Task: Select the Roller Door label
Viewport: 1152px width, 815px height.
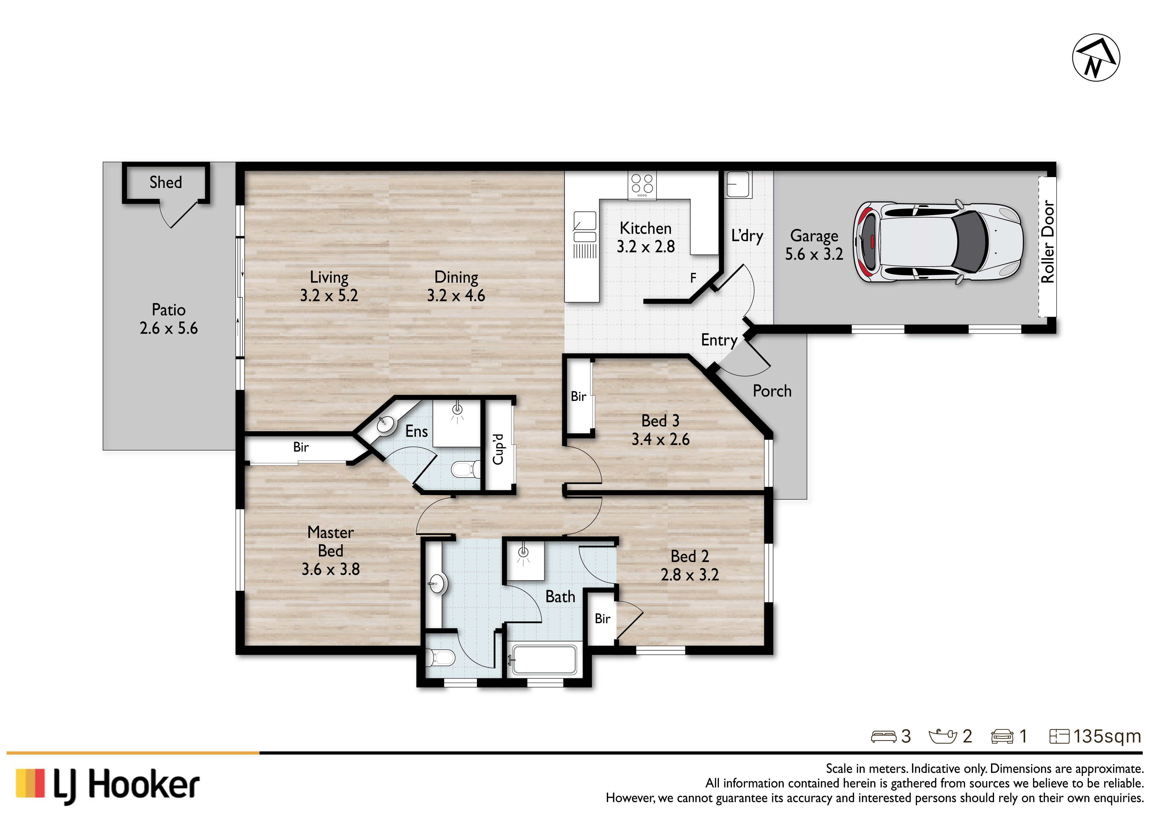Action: pyautogui.click(x=1047, y=242)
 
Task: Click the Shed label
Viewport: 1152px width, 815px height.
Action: pyautogui.click(x=166, y=182)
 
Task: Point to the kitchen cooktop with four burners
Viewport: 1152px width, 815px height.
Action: pyautogui.click(x=642, y=185)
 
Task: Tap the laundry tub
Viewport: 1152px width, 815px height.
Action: pyautogui.click(x=738, y=184)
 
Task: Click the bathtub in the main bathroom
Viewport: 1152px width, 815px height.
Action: pyautogui.click(x=544, y=659)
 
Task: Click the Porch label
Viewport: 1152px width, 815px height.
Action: pyautogui.click(x=772, y=391)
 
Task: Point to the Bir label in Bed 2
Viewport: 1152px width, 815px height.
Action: pyautogui.click(x=603, y=619)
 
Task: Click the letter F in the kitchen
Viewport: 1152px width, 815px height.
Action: pyautogui.click(x=693, y=277)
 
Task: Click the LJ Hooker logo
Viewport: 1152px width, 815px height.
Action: pyautogui.click(x=108, y=784)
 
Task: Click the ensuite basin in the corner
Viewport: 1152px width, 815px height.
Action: pyautogui.click(x=385, y=425)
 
